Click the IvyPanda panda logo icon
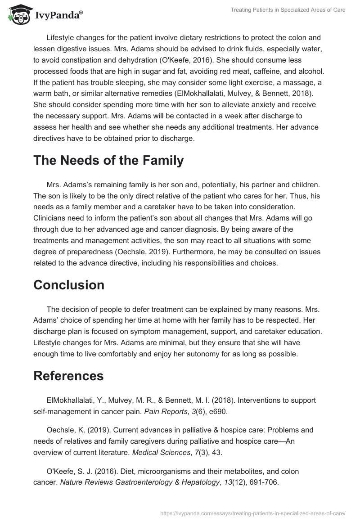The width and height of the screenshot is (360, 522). point(17,15)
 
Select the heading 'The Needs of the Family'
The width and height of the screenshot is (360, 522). point(108,160)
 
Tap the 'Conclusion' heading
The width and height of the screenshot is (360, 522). point(69,285)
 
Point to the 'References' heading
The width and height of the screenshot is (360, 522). point(68,376)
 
